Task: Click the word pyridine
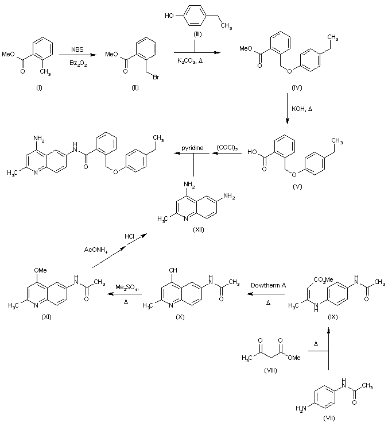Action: (x=194, y=148)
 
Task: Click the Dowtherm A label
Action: (x=267, y=285)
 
